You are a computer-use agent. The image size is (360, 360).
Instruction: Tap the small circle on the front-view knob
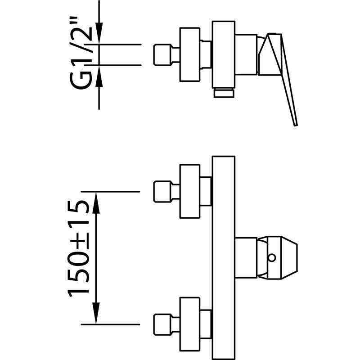click(271, 257)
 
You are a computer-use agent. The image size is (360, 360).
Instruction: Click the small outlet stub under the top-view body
click(224, 93)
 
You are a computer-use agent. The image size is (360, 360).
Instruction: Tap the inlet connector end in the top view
click(162, 55)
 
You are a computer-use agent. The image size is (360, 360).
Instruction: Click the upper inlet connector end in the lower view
click(162, 191)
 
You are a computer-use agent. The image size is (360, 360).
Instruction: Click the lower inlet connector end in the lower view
click(162, 324)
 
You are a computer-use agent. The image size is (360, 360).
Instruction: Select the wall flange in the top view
click(189, 55)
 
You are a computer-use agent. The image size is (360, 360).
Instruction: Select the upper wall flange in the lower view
click(189, 191)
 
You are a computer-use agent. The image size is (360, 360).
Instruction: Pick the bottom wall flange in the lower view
click(189, 324)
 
